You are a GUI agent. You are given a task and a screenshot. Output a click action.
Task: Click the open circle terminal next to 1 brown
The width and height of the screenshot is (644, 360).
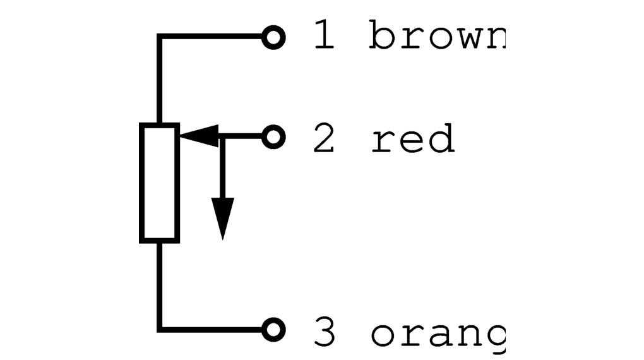click(x=273, y=37)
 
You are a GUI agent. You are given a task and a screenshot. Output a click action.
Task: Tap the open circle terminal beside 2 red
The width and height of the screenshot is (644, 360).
click(x=273, y=136)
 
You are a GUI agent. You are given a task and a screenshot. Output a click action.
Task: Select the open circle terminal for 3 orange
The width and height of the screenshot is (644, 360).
click(x=273, y=329)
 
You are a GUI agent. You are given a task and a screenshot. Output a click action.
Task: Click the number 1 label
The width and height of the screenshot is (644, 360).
click(x=324, y=36)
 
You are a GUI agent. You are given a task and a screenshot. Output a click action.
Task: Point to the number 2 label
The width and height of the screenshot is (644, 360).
click(x=324, y=139)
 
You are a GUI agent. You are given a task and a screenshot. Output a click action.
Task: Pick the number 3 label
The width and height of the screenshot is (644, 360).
click(x=325, y=333)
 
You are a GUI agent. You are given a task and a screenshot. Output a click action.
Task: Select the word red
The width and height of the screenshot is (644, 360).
click(x=412, y=139)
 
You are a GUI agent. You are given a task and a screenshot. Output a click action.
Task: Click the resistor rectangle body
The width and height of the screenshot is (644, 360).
click(x=159, y=183)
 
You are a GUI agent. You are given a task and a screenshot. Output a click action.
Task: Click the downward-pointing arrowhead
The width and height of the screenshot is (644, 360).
click(x=222, y=218)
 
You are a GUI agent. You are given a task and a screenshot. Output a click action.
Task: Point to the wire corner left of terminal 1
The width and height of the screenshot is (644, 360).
click(x=160, y=37)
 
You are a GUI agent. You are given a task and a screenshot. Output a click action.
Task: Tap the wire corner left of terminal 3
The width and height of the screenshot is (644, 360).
click(x=160, y=329)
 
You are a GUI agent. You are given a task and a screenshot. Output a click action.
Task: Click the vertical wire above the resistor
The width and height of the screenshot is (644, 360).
click(x=160, y=82)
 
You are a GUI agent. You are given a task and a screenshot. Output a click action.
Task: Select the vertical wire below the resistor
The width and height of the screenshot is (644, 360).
click(x=160, y=284)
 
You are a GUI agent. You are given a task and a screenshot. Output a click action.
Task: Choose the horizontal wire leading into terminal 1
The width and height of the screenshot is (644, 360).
click(x=212, y=37)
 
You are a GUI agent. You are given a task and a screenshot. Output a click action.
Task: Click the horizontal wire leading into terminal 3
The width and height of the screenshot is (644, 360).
click(x=212, y=329)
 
